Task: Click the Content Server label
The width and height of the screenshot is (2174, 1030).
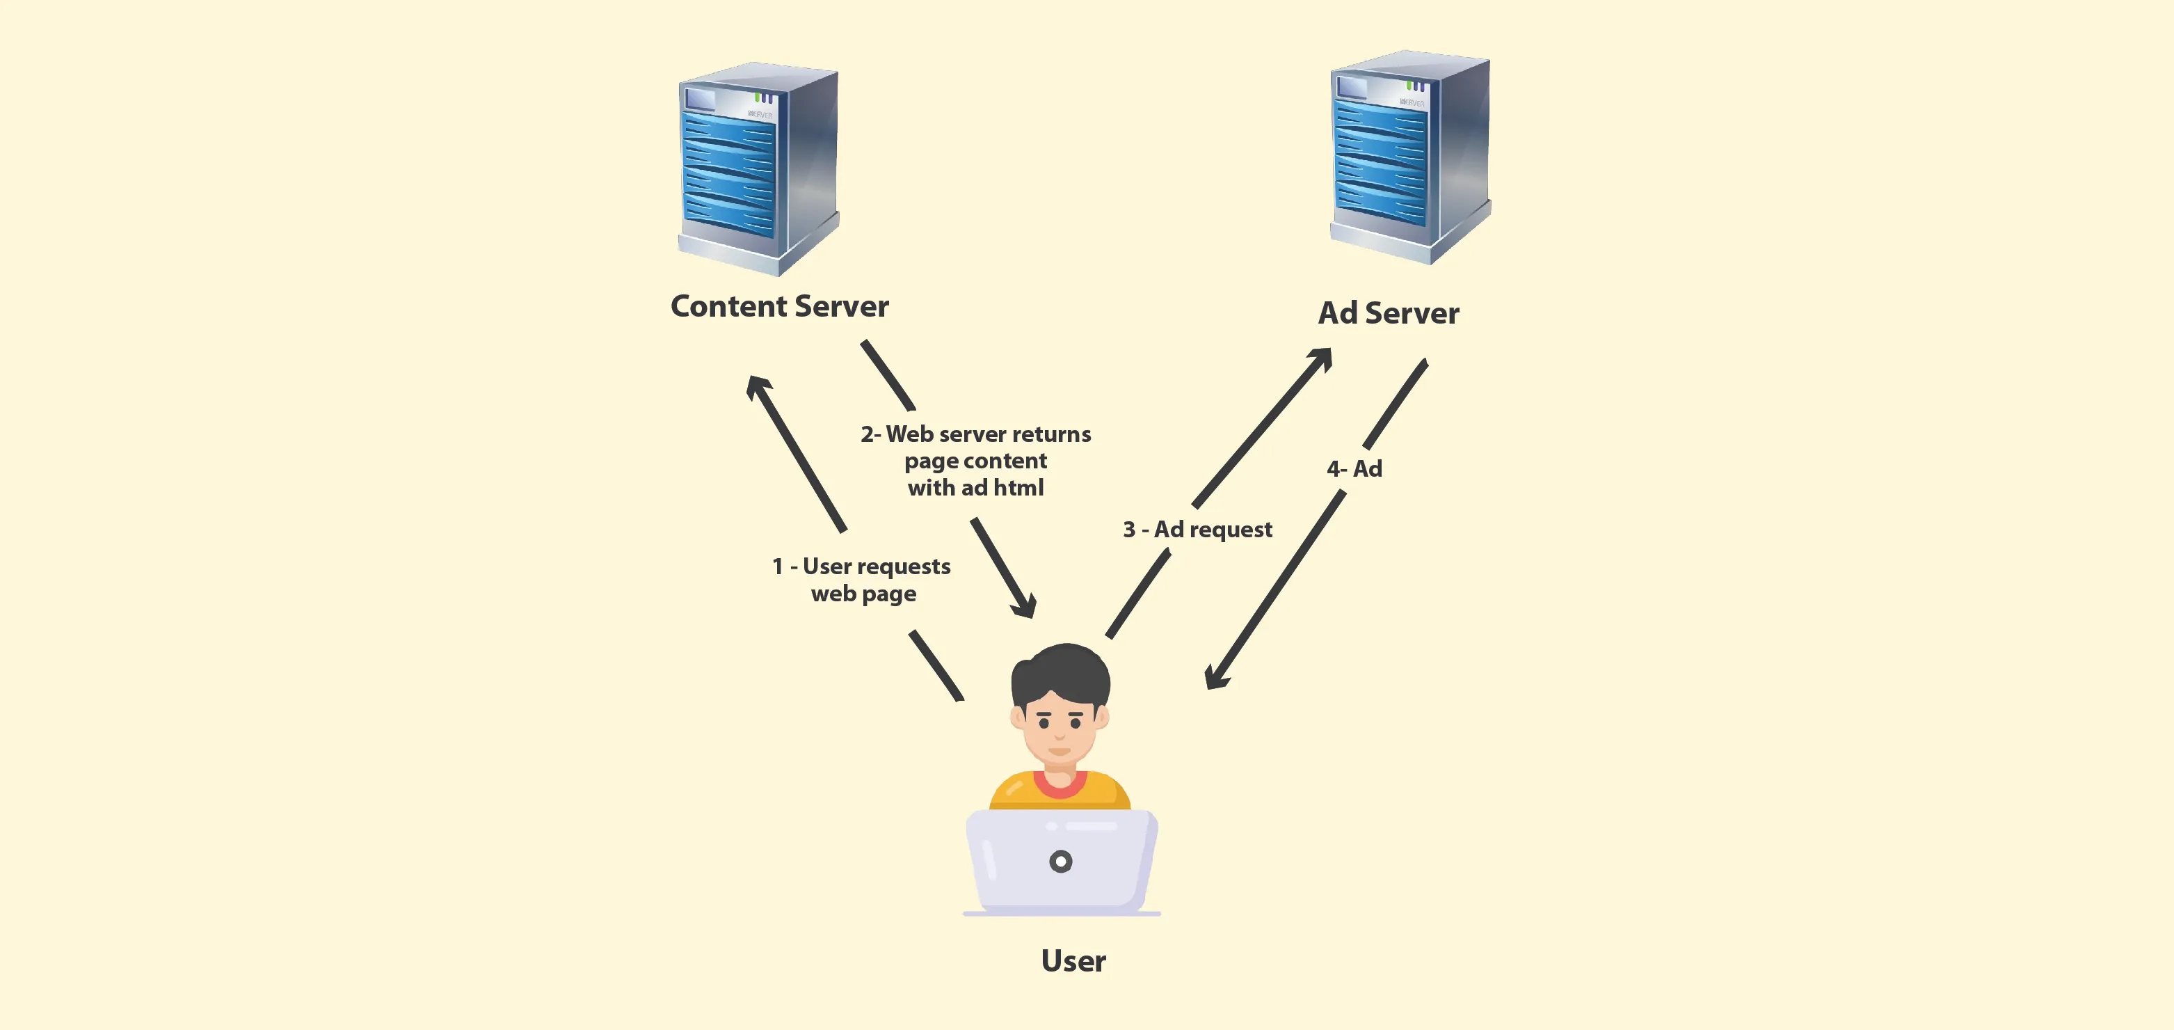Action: click(779, 306)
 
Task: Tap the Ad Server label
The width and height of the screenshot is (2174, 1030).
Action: click(1389, 313)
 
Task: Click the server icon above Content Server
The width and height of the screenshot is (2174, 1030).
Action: click(758, 169)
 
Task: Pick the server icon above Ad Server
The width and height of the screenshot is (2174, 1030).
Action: click(1409, 158)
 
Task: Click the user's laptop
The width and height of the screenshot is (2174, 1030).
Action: click(1061, 861)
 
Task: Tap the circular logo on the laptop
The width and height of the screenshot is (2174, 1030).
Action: click(1061, 861)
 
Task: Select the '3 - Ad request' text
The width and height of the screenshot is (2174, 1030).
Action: click(1197, 530)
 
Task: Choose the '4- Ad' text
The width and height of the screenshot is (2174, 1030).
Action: click(1354, 468)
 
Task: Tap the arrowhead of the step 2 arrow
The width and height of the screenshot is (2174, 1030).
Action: click(1026, 607)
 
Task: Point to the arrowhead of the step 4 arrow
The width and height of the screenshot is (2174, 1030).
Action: click(1215, 678)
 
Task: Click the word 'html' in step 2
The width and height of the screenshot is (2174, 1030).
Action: click(1018, 488)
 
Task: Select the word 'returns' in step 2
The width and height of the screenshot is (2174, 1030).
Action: click(1050, 435)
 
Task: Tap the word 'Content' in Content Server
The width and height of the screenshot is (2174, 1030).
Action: click(728, 306)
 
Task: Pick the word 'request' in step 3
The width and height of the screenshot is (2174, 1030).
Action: click(1231, 530)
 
